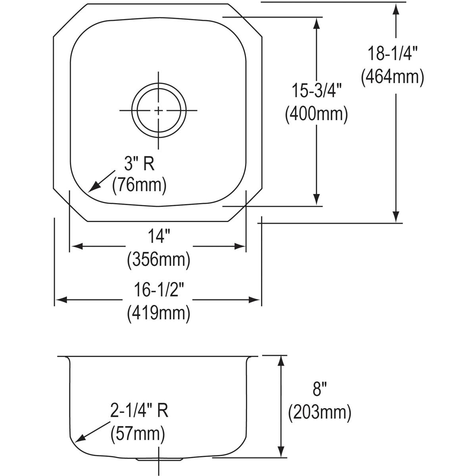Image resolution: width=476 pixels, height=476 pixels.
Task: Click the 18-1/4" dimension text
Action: point(393,53)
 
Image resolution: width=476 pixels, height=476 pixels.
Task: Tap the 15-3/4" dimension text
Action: point(317,91)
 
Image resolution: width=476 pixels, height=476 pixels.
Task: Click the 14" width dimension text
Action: point(158,237)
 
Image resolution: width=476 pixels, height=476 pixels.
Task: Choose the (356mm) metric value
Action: point(158,260)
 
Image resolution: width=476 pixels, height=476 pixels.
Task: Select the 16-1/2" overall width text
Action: point(158,290)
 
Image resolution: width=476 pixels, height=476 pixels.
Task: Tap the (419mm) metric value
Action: point(158,313)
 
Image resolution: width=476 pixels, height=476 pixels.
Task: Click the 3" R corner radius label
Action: point(138,163)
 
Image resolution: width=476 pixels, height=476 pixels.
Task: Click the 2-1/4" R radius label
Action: point(139,411)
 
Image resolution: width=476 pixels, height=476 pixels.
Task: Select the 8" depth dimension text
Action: point(317,390)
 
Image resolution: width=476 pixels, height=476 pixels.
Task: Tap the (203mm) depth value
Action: point(320,413)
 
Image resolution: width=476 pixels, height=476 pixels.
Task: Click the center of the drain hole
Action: point(159,110)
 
